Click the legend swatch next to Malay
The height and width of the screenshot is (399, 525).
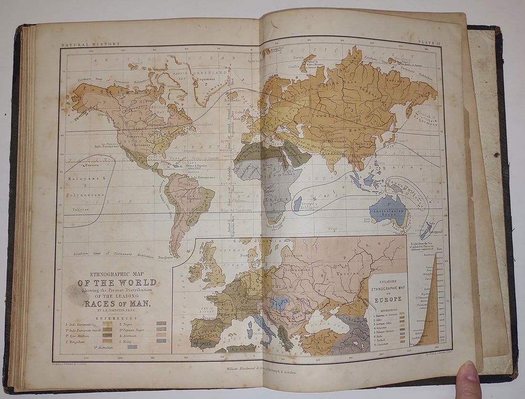pyautogui.click(x=161, y=340)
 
